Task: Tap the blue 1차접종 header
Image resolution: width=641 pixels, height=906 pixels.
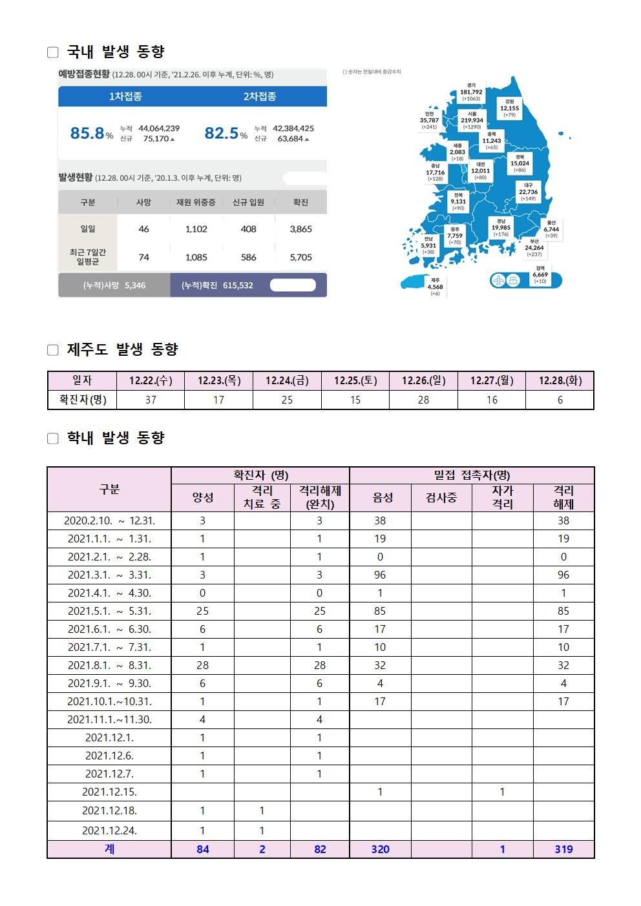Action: tap(125, 96)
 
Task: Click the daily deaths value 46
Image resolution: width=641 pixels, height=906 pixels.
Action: tap(143, 229)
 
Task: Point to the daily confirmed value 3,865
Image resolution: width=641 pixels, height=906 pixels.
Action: tap(300, 229)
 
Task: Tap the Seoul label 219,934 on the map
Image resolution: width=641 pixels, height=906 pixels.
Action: tap(472, 120)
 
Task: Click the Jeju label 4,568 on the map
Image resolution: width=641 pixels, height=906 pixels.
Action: tap(435, 287)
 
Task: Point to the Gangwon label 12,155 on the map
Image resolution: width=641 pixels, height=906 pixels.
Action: tap(509, 108)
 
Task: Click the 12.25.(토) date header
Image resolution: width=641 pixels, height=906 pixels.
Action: tap(355, 380)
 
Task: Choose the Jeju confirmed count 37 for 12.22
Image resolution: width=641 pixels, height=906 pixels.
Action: tap(151, 400)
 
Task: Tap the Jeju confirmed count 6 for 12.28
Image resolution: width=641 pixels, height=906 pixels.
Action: tap(560, 400)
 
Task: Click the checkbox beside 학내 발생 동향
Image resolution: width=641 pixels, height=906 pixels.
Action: tap(53, 439)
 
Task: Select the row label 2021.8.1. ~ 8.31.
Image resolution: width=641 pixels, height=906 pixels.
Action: tap(109, 665)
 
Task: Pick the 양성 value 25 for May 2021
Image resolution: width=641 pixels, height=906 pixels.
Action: tap(202, 611)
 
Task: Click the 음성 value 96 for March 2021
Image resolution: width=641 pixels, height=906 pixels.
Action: tap(380, 575)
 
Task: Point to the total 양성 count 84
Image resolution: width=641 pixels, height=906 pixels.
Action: tap(202, 849)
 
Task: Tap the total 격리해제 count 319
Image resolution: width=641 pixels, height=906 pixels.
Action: tap(563, 849)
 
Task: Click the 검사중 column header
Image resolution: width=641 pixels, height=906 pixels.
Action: tap(441, 497)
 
